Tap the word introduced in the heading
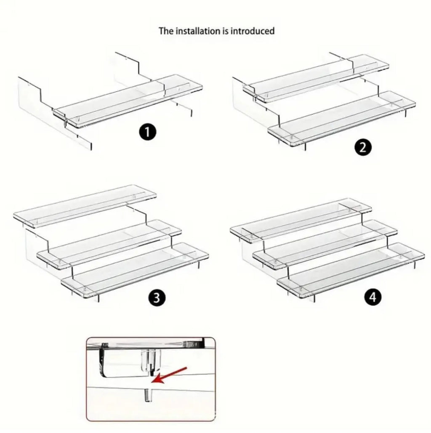[253, 31]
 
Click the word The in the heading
[166, 31]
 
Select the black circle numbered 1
[147, 132]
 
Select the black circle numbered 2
[363, 147]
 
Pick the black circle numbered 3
[157, 298]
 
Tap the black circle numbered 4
[372, 297]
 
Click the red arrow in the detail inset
[169, 375]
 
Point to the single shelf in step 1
[128, 101]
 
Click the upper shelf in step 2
[316, 78]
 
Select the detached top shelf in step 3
[85, 206]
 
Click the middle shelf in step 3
[109, 244]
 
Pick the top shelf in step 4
[301, 220]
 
